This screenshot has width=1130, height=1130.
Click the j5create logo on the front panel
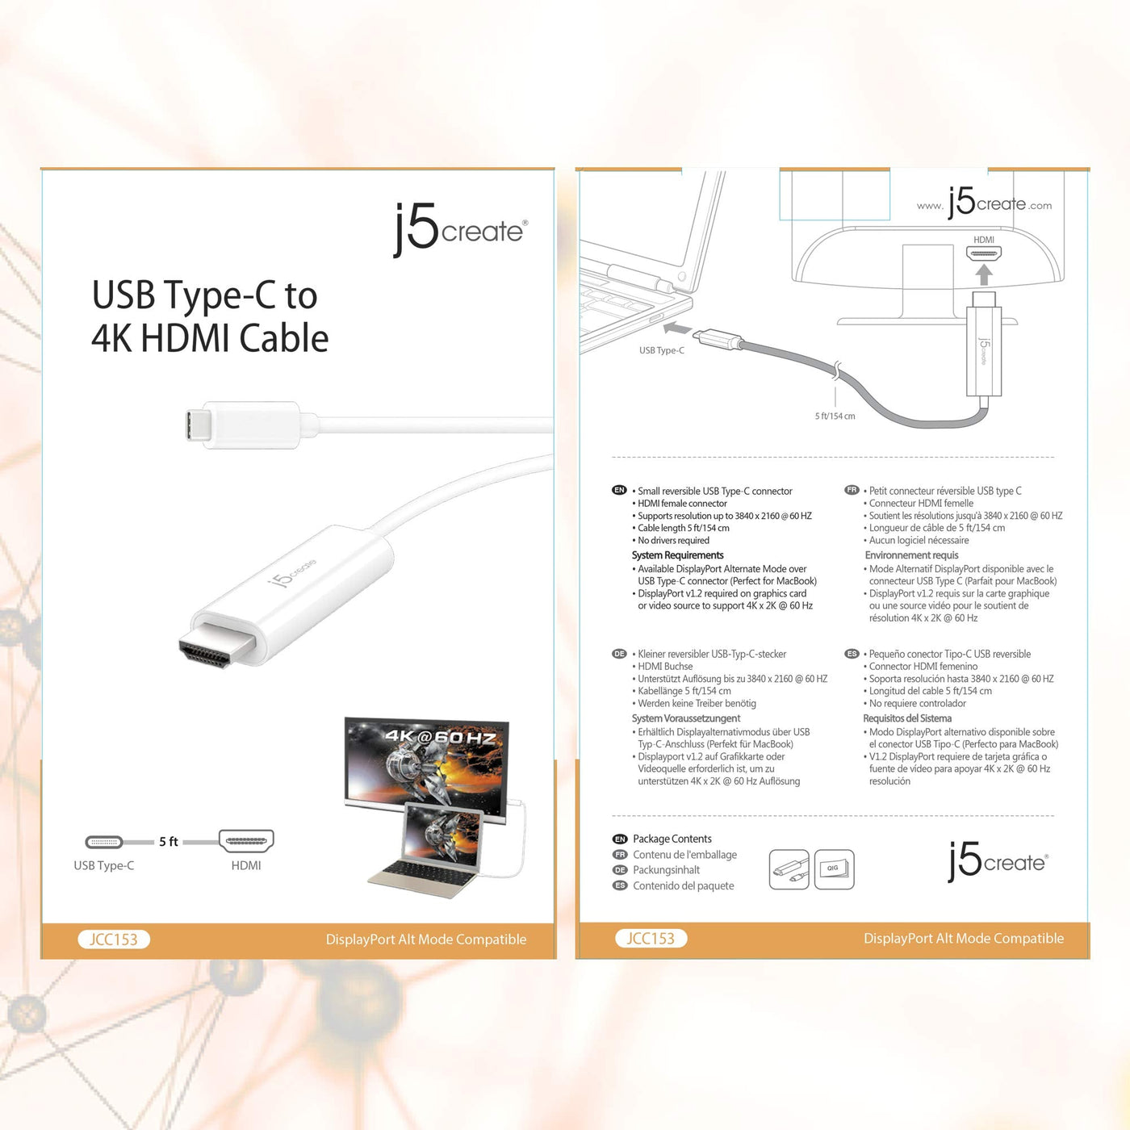pos(460,229)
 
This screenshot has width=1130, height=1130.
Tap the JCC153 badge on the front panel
pos(114,939)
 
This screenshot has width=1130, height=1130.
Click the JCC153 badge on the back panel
pos(651,938)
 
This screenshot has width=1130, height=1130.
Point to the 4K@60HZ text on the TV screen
pos(441,737)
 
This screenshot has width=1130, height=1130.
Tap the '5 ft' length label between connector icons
pos(169,842)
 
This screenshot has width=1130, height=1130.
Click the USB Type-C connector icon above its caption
pos(104,842)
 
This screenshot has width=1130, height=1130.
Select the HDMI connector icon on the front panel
pos(246,841)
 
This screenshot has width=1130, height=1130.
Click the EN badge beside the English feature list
pos(619,490)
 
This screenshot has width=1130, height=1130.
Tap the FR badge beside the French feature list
pos(852,490)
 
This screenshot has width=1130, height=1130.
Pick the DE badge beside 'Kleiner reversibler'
pos(619,654)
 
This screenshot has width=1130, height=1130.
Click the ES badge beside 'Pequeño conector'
pos(852,653)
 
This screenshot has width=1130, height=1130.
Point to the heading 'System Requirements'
pos(677,555)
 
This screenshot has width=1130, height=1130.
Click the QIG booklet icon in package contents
pos(834,869)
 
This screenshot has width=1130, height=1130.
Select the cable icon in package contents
pos(789,869)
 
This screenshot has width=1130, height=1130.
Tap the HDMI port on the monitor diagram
pos(983,254)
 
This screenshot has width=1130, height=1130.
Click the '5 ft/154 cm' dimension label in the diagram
pos(835,416)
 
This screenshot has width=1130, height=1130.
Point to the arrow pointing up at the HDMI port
pos(983,275)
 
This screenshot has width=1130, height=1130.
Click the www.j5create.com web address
pos(984,203)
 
